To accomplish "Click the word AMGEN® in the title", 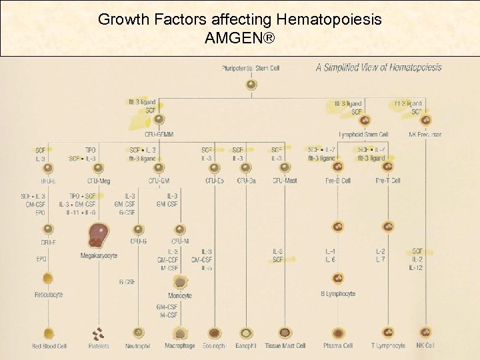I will coord(239,39).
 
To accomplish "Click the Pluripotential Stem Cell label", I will coord(251,68).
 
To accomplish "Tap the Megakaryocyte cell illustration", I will coord(99,235).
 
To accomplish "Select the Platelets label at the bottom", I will coord(99,346).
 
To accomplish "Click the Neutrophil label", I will coord(138,346).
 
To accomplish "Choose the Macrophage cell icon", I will coord(179,332).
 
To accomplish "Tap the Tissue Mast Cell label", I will coord(285,346).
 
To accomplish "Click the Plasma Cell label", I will coord(338,346).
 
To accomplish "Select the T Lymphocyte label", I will coord(388,346).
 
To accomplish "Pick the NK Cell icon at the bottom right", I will coord(425,332).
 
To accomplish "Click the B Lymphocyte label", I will coord(338,293).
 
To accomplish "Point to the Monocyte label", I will coord(179,295).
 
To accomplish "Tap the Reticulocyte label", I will coord(49,294).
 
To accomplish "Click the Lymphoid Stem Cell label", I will coord(363,135).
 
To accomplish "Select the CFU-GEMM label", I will coord(159,135).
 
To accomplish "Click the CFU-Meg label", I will coord(99,180).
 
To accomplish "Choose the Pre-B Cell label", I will coord(338,180).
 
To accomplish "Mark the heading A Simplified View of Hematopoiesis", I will coord(378,67).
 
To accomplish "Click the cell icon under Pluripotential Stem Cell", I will coord(251,85).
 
